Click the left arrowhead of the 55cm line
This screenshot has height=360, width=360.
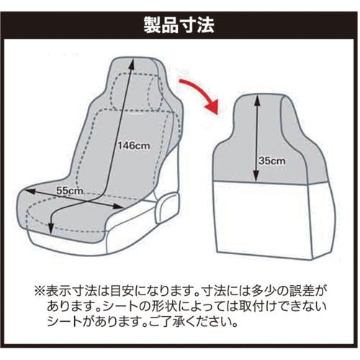(25, 191)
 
